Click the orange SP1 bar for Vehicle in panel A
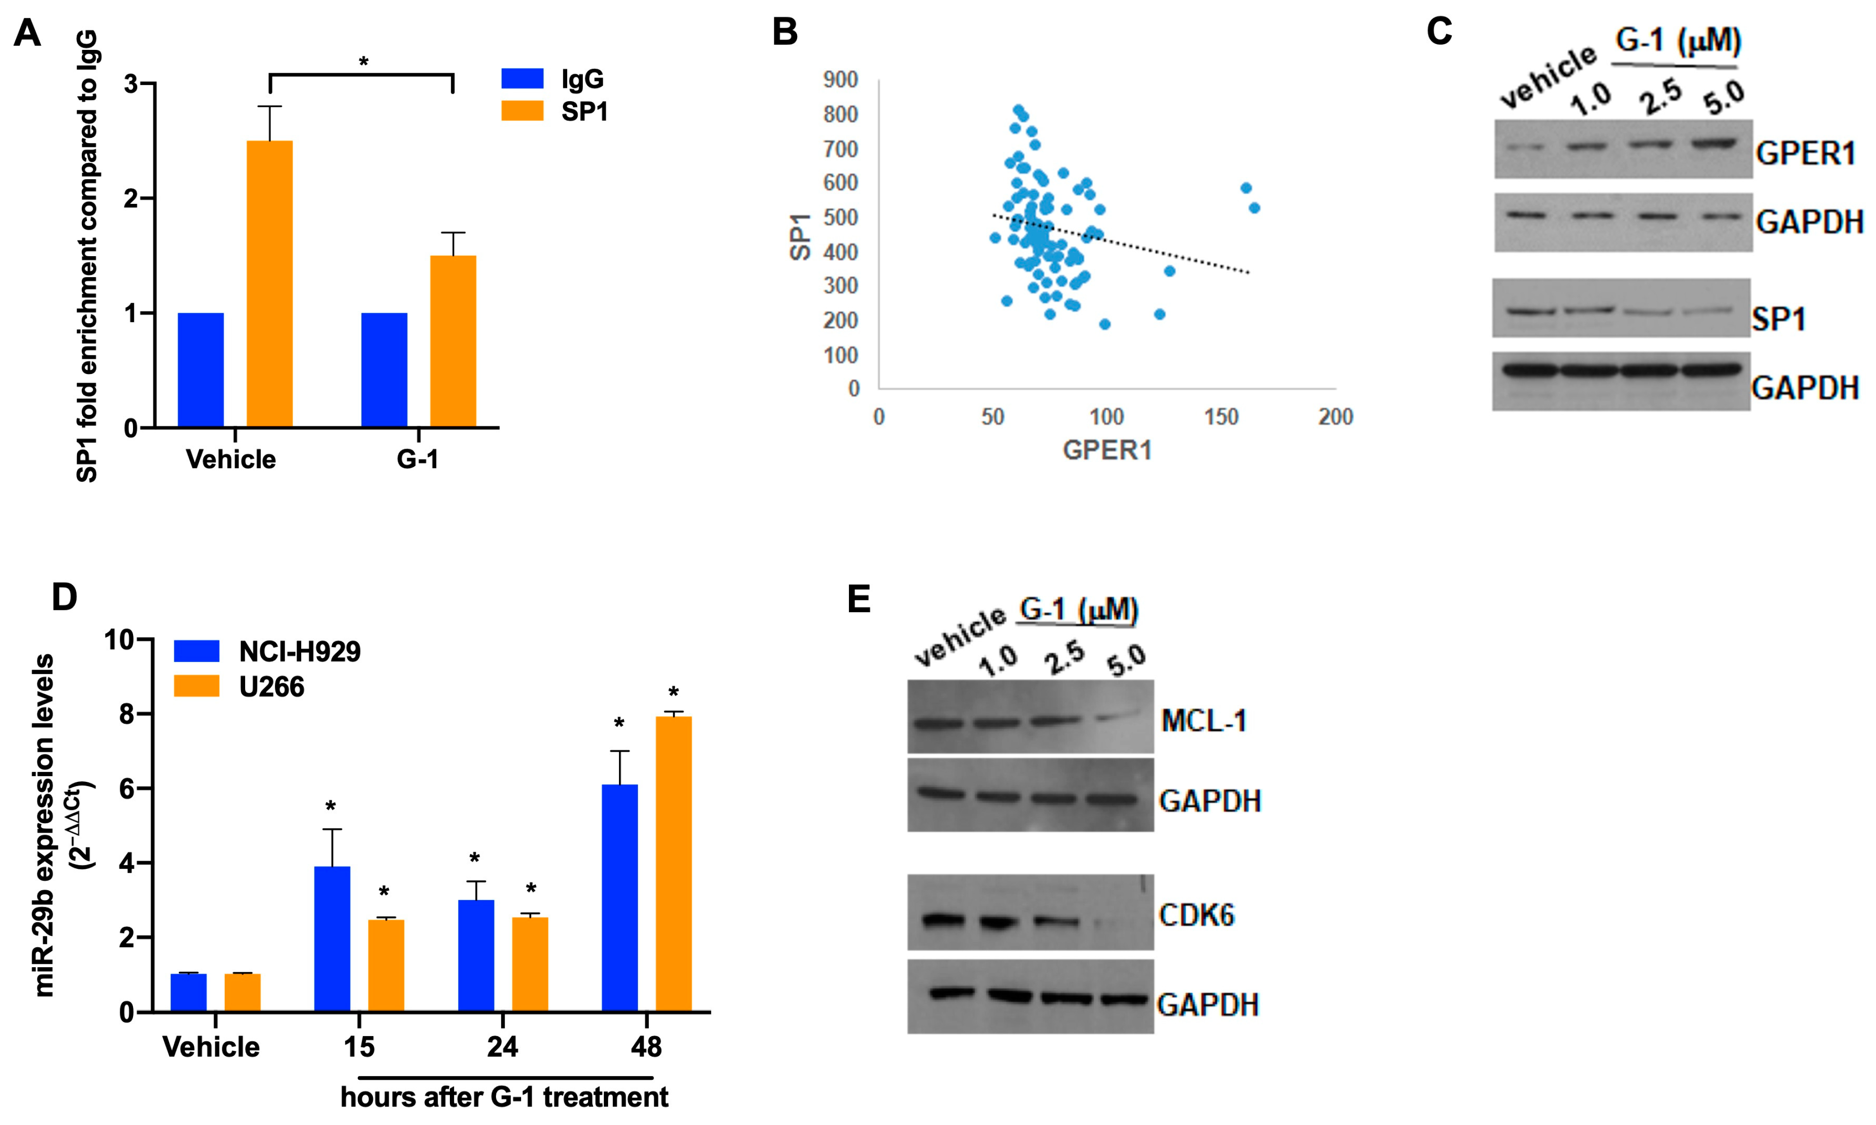[x=270, y=284]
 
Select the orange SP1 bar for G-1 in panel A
[x=453, y=341]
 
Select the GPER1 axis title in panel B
[x=1107, y=450]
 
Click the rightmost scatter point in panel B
[x=1254, y=208]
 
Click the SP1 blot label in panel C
[x=1778, y=319]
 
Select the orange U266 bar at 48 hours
[x=674, y=864]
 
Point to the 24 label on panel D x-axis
[x=502, y=1047]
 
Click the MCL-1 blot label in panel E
[x=1203, y=720]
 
